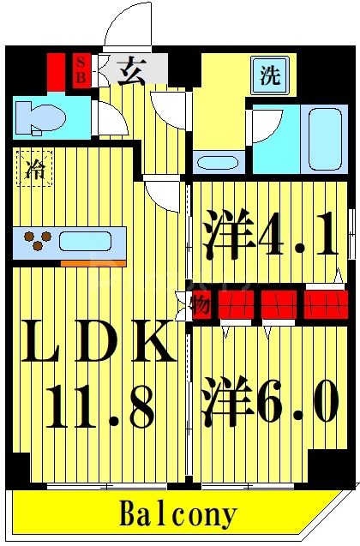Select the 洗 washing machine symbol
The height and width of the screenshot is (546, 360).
point(270,75)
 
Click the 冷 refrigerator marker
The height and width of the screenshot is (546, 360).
point(33,167)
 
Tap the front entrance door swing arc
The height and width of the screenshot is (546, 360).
point(127,26)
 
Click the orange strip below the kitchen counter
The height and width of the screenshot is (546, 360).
point(87,261)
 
